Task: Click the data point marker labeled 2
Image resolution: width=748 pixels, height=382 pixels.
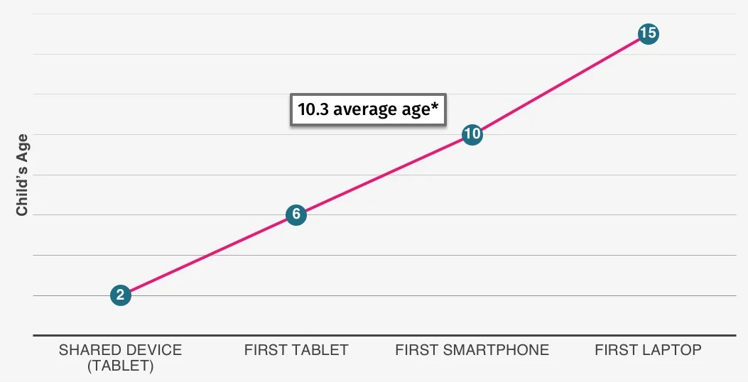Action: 121,295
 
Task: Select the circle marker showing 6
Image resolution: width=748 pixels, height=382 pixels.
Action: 296,214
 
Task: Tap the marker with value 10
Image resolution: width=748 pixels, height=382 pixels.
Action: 472,134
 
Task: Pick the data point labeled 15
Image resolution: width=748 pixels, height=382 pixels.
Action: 648,33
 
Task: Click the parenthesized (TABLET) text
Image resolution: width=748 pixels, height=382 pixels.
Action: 120,366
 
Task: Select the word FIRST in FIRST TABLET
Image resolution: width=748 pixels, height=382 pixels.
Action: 264,350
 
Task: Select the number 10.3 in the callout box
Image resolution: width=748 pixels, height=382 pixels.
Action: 313,110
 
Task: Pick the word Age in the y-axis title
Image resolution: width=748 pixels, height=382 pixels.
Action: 22,146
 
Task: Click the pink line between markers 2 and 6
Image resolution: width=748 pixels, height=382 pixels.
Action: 208,255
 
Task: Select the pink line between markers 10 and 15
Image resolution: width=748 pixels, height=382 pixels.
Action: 560,84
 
